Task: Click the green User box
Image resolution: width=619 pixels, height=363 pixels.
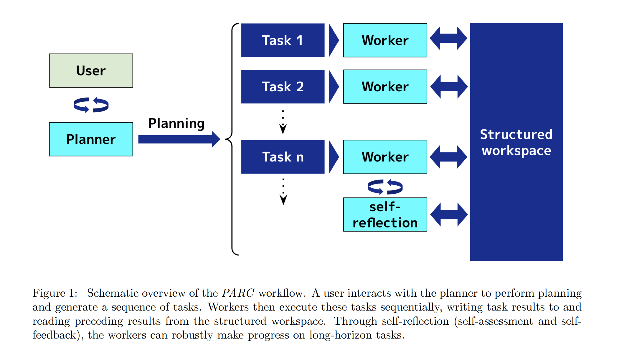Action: coord(91,70)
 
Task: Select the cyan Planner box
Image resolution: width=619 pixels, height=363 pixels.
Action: coord(91,139)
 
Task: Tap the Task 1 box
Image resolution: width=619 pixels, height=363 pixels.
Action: coord(283,40)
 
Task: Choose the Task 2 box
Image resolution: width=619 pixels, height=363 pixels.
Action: coord(283,87)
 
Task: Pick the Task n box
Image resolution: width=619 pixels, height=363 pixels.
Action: coord(283,157)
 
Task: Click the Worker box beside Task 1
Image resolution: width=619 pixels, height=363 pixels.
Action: coord(385,40)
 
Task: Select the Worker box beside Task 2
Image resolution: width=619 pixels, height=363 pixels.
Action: coord(385,87)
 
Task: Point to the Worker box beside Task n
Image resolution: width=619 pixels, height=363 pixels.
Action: coord(385,157)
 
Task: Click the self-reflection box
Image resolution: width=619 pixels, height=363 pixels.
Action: coord(385,214)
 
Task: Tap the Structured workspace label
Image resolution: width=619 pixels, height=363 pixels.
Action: coord(516,142)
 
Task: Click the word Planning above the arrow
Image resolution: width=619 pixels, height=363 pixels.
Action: coord(176,123)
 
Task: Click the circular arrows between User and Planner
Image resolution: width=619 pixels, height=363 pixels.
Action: coord(91,105)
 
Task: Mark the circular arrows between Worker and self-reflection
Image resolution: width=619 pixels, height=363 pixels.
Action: coord(385,187)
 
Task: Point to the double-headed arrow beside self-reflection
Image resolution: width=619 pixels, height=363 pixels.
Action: coord(449,214)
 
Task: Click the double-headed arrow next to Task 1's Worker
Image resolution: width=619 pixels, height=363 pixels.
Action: coord(448,38)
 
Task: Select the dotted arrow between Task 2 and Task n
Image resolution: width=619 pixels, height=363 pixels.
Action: coord(283,122)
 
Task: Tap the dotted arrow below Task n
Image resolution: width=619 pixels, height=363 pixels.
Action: coord(283,192)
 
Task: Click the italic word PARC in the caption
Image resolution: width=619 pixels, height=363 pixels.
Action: coord(238,293)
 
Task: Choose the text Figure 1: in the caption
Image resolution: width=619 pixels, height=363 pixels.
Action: coord(55,293)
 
